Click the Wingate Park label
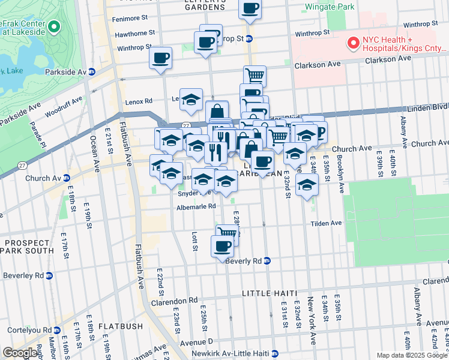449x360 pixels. tap(330, 7)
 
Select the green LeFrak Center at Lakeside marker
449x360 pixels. tap(54, 26)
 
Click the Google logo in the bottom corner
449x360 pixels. tap(20, 353)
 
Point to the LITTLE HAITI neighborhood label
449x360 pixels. tap(270, 293)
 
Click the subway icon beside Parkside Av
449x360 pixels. tap(92, 72)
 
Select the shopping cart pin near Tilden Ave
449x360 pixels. tap(228, 232)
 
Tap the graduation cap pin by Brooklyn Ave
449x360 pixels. tap(307, 184)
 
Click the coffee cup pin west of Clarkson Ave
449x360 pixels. tap(161, 58)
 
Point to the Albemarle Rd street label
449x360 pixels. tap(196, 206)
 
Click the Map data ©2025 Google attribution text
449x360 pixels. tap(412, 355)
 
